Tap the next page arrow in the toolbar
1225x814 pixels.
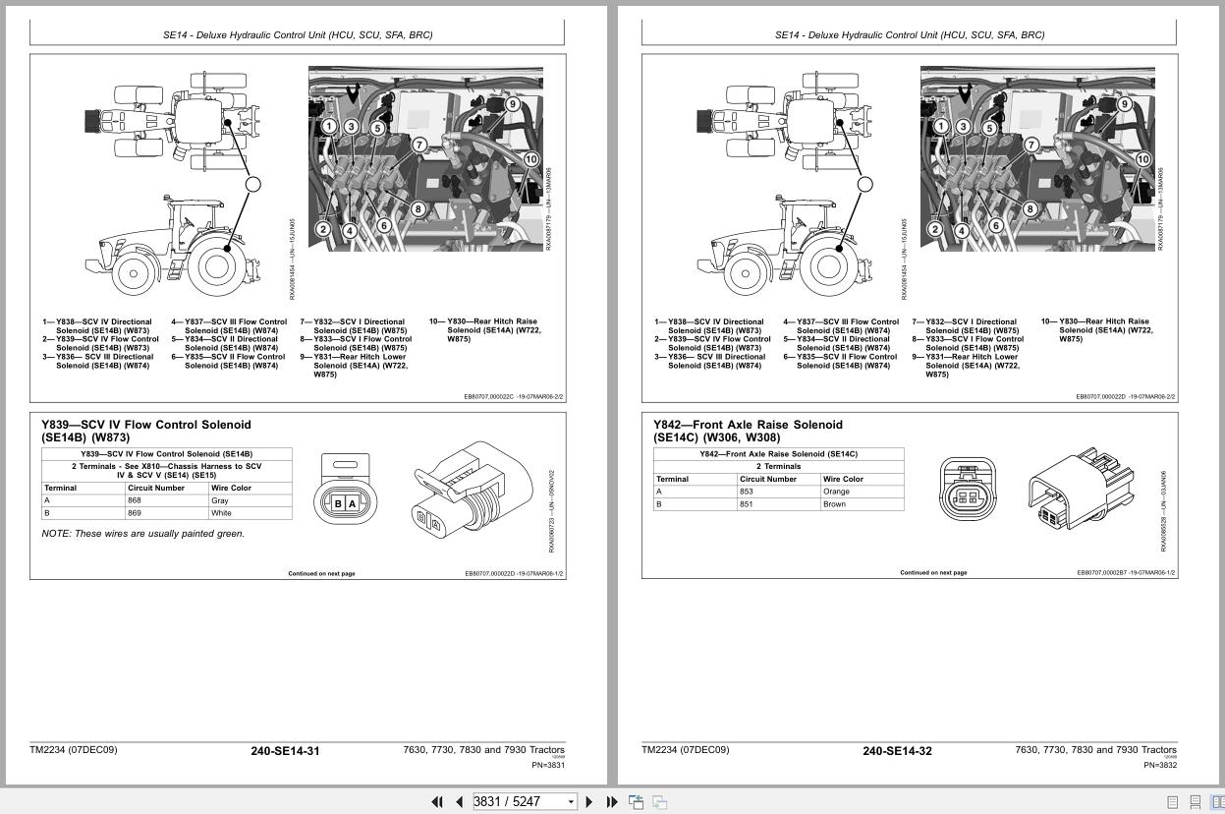coord(589,801)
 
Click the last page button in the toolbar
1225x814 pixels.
coord(612,801)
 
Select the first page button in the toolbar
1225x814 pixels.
coord(437,801)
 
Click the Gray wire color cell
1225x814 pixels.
coord(220,500)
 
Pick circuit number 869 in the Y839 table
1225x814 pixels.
coord(135,513)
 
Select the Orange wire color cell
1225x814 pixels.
coord(837,492)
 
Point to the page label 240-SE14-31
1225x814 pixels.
coord(285,751)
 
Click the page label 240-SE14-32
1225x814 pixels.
coord(897,751)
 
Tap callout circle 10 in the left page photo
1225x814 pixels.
coord(531,159)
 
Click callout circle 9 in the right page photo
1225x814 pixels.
coord(1125,104)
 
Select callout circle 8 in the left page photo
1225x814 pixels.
coord(418,208)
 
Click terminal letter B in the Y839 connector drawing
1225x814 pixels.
coord(339,503)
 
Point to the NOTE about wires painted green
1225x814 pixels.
coord(143,534)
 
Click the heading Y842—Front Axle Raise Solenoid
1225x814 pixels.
coord(749,425)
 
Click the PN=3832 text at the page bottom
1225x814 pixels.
coord(1160,765)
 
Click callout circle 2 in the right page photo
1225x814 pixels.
coord(935,230)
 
